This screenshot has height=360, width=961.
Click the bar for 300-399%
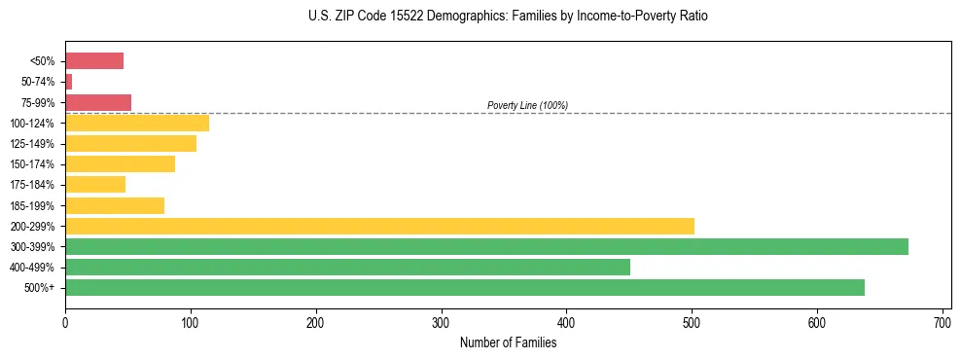pos(486,246)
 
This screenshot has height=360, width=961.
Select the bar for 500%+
pos(465,287)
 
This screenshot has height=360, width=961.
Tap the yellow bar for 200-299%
pos(379,226)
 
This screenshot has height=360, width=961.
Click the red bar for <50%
pos(94,61)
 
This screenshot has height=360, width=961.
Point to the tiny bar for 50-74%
pos(68,82)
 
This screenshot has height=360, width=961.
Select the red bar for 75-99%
pos(98,102)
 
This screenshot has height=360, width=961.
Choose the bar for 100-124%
pos(137,123)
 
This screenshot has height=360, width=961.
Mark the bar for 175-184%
pos(95,185)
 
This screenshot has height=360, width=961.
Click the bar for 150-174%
pos(120,164)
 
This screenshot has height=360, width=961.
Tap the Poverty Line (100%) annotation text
pos(527,105)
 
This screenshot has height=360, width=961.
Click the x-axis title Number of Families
pos(508,342)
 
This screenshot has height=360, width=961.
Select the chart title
pos(508,17)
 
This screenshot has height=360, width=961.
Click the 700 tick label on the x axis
pos(942,320)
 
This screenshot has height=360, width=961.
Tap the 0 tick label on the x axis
pos(65,320)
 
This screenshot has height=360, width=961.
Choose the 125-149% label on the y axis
pos(33,144)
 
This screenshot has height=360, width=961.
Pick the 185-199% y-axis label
pos(33,205)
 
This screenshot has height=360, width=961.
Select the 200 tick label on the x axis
pos(315,320)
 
